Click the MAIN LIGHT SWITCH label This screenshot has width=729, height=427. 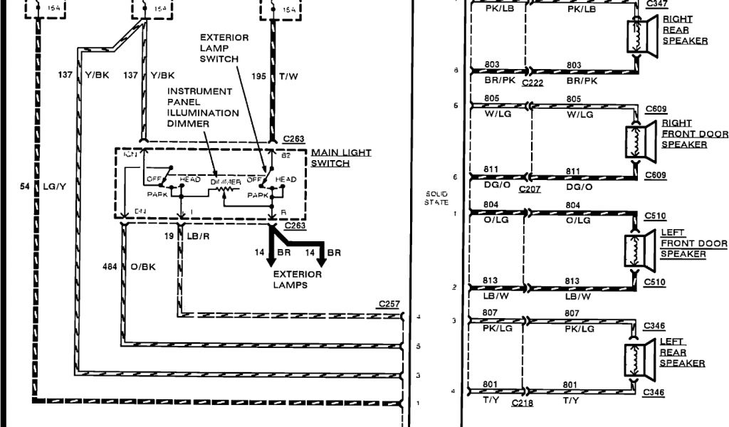coord(341,158)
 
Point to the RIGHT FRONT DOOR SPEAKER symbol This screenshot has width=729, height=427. coord(639,141)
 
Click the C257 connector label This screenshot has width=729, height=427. coord(389,305)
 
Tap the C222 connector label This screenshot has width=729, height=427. coord(533,83)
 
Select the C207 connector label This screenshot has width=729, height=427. coord(530,189)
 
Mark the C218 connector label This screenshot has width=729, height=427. coord(523,403)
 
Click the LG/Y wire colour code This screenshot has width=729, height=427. coord(54,186)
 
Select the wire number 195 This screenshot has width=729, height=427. coord(261,75)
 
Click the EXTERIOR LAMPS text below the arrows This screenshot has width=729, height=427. coord(297,279)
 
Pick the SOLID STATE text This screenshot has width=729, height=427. coord(436,198)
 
